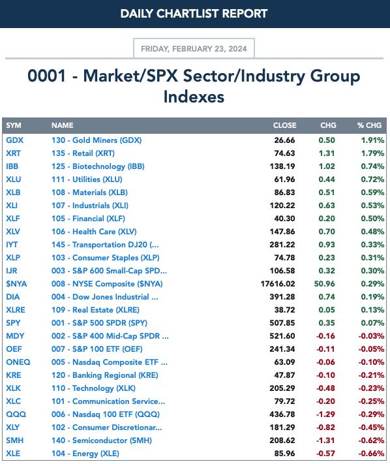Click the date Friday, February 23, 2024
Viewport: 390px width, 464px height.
tap(194, 48)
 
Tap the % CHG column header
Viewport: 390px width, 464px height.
tap(369, 125)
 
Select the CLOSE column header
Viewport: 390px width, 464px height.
tap(284, 125)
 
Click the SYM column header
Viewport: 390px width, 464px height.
tap(14, 125)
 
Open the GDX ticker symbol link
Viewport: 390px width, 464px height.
tap(14, 140)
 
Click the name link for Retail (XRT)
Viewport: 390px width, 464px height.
tap(83, 153)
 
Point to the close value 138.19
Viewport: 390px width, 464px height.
tap(282, 166)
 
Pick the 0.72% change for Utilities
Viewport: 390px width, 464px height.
tap(372, 179)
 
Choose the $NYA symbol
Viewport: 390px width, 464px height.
tap(16, 283)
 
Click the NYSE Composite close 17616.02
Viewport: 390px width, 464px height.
tap(278, 283)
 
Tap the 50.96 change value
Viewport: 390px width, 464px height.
tap(324, 283)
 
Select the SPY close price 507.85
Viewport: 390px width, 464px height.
tap(282, 322)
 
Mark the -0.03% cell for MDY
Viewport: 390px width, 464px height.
tap(371, 336)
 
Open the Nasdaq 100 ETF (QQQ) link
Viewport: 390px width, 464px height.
tap(106, 414)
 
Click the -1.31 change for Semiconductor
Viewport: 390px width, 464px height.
tap(325, 440)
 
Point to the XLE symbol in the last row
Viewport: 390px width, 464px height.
tap(13, 453)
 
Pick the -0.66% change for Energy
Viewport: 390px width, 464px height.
tap(371, 453)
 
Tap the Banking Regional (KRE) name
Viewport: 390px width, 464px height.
tap(104, 375)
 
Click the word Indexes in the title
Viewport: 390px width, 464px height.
tap(194, 97)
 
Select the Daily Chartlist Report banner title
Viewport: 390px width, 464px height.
tap(194, 14)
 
